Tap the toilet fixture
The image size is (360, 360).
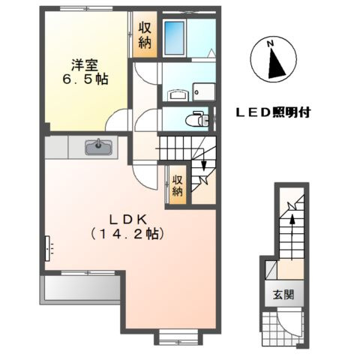pyautogui.click(x=196, y=118)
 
